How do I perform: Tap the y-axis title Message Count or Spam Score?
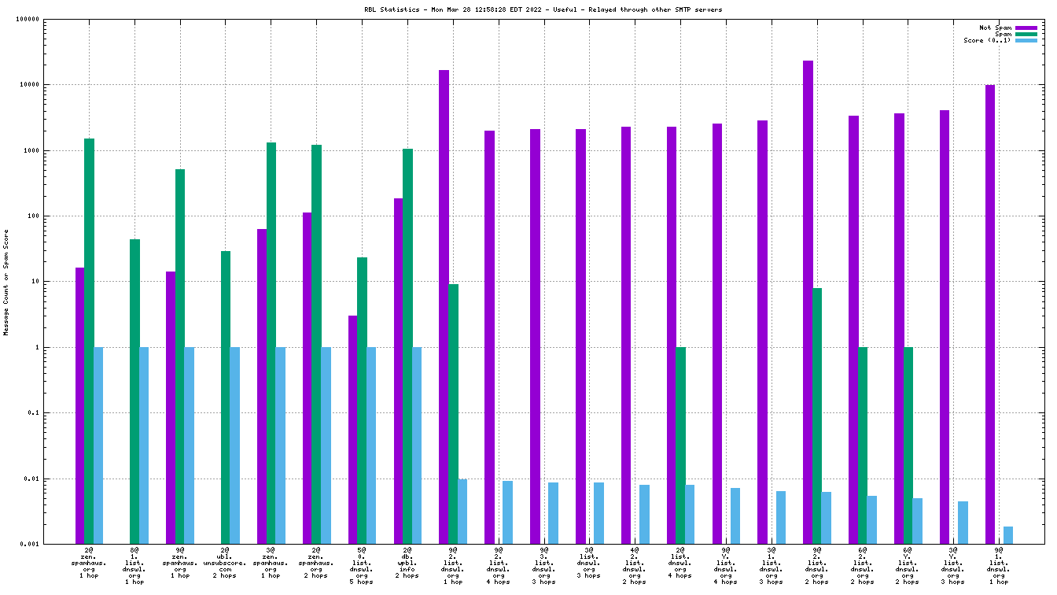pyautogui.click(x=6, y=283)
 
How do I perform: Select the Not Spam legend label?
pyautogui.click(x=995, y=28)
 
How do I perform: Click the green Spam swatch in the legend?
pyautogui.click(x=1026, y=34)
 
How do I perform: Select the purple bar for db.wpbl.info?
pyautogui.click(x=399, y=371)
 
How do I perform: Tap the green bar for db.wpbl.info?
pyautogui.click(x=407, y=346)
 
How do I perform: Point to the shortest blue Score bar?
pyautogui.click(x=1008, y=535)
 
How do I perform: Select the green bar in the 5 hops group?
pyautogui.click(x=362, y=401)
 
